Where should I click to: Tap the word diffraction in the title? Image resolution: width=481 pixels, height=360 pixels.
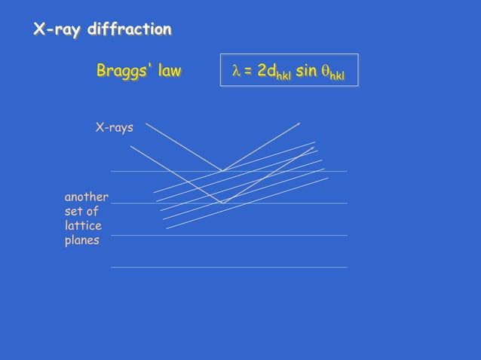(x=129, y=30)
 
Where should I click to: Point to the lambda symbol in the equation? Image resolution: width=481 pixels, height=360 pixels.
(x=235, y=71)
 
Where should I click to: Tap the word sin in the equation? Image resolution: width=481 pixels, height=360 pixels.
(x=306, y=71)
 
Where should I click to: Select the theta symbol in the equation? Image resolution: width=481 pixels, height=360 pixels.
(x=325, y=72)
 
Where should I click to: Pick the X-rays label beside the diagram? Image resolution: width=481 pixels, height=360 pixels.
(x=114, y=127)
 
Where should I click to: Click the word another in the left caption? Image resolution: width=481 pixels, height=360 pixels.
(x=87, y=197)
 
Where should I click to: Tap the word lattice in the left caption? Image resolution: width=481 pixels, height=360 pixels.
(x=83, y=226)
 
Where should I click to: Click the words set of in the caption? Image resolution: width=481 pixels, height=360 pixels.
(x=81, y=212)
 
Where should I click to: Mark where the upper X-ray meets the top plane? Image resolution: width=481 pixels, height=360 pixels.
(x=222, y=171)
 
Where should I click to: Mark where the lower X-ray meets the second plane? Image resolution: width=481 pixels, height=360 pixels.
(x=222, y=203)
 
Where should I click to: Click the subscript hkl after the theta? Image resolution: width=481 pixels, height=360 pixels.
(x=338, y=75)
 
